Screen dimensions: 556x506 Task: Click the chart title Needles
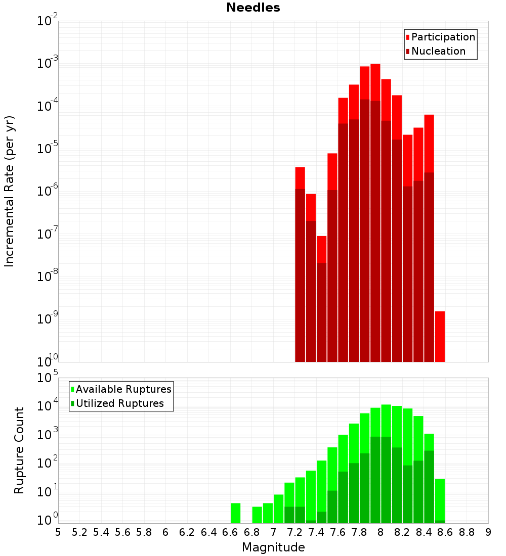coord(253,8)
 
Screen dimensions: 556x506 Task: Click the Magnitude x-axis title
coord(273,547)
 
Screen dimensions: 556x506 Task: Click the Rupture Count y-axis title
coord(19,450)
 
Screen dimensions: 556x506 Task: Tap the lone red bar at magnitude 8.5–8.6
coord(440,336)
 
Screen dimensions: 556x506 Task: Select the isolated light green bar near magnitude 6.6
coord(235,513)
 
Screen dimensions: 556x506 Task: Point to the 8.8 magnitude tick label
coord(467,532)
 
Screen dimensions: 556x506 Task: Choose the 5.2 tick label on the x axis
coord(79,532)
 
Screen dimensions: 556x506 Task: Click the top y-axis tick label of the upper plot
coord(48,21)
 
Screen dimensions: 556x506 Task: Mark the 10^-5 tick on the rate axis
coord(48,149)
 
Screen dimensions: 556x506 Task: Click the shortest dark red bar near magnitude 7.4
coord(321,312)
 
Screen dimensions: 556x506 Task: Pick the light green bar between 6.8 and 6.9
coord(257,515)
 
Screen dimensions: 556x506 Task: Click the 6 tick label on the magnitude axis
coord(165,532)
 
